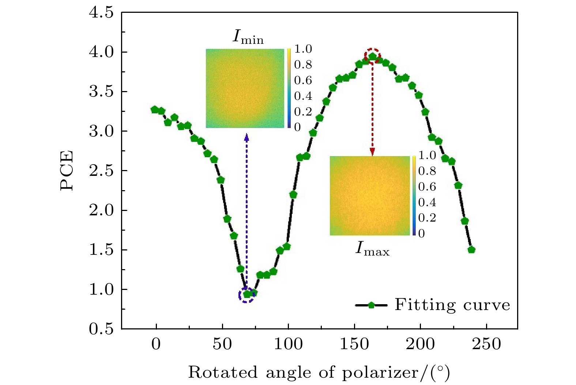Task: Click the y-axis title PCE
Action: coord(67,170)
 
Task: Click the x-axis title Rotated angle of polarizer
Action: coord(319,373)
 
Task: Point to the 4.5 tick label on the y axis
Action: coord(101,13)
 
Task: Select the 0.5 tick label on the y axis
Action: coord(101,329)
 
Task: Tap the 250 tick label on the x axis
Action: coord(486,344)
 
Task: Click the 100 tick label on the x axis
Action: coord(288,344)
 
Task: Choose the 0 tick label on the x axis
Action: coord(156,344)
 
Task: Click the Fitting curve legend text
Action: coord(452,305)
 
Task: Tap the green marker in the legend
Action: coord(371,305)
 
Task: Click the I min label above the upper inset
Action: coord(248,37)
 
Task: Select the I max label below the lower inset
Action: coord(372,250)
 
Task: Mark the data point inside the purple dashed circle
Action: coord(247,294)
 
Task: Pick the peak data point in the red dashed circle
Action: coord(372,56)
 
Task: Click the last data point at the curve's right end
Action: coord(471,250)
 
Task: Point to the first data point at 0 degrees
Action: coord(155,109)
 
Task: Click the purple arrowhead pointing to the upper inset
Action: coord(246,137)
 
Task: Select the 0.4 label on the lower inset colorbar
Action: coord(427,202)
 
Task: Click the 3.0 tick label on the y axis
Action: coord(101,131)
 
